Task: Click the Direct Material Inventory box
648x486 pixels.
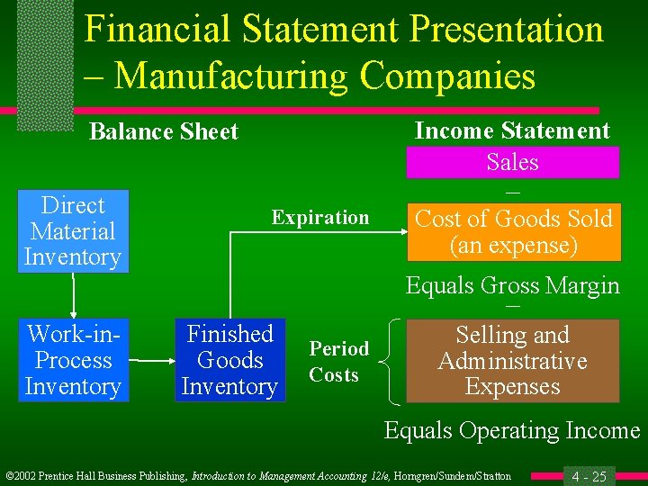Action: point(73,231)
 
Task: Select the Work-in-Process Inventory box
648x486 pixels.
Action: point(73,360)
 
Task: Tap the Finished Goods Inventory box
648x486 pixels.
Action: point(229,360)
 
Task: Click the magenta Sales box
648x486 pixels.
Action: point(512,162)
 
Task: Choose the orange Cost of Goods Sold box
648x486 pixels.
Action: point(513,231)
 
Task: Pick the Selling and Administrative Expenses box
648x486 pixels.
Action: point(512,361)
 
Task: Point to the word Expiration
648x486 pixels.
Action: point(320,218)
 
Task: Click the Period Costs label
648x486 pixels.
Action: point(338,362)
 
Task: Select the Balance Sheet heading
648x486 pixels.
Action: point(163,131)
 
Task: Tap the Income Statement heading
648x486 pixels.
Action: point(511,130)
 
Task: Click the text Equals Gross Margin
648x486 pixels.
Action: point(512,286)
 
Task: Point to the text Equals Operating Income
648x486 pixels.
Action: point(511,430)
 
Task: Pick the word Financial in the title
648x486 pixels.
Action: point(157,30)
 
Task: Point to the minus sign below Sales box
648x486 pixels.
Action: point(512,192)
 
